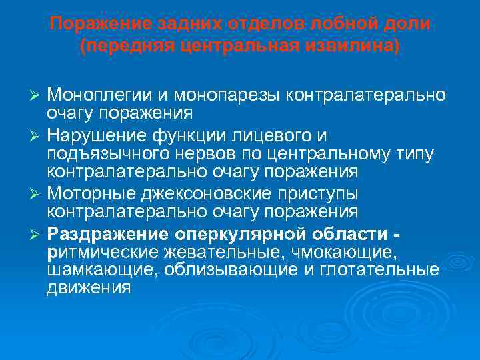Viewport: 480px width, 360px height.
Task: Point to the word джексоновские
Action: point(202,194)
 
